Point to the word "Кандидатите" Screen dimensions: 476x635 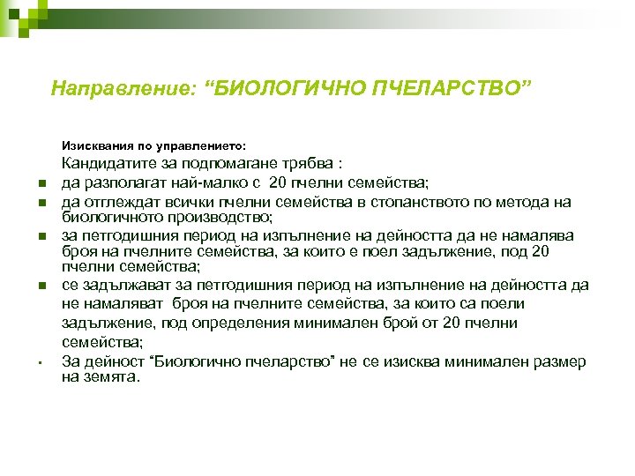coord(105,164)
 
